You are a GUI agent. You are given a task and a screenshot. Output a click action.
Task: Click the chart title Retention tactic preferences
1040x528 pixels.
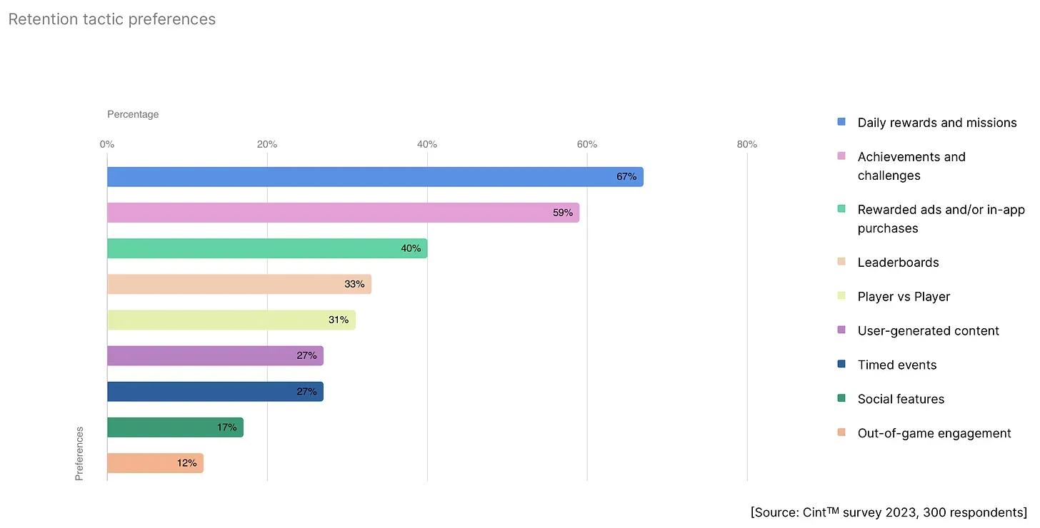click(112, 19)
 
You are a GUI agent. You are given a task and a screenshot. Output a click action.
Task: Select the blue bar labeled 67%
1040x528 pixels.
click(375, 177)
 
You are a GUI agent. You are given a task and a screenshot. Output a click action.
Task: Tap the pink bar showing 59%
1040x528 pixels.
click(343, 213)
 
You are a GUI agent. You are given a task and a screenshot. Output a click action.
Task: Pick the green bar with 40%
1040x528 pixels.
click(267, 248)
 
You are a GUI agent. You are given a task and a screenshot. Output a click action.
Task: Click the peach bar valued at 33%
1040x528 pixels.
click(239, 284)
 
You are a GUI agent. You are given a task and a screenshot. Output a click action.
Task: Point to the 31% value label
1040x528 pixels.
click(339, 320)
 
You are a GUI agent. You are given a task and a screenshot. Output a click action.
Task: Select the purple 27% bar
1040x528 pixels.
click(215, 355)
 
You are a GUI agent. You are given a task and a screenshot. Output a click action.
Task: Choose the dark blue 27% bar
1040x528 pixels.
click(215, 391)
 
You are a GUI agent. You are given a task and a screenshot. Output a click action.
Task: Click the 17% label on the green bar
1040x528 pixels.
click(226, 427)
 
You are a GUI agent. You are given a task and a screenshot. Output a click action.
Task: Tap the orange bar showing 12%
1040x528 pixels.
click(155, 463)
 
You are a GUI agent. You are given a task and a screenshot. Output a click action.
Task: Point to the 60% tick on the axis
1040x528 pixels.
click(587, 145)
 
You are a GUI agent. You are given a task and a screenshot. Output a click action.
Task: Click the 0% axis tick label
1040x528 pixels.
click(107, 145)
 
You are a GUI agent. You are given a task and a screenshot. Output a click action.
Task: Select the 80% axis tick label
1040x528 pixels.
click(747, 145)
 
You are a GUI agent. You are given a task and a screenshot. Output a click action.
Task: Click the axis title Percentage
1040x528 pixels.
click(133, 114)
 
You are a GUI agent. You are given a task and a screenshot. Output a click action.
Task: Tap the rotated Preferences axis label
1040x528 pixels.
click(79, 453)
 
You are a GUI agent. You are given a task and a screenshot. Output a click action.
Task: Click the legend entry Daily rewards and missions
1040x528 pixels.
click(936, 123)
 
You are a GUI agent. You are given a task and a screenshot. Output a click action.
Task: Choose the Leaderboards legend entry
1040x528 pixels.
click(898, 263)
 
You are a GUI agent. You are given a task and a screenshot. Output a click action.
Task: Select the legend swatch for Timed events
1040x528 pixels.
click(841, 365)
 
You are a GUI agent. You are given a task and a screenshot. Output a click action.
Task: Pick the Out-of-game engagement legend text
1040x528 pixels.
click(934, 433)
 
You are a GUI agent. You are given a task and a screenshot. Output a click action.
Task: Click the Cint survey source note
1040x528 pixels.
click(889, 512)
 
